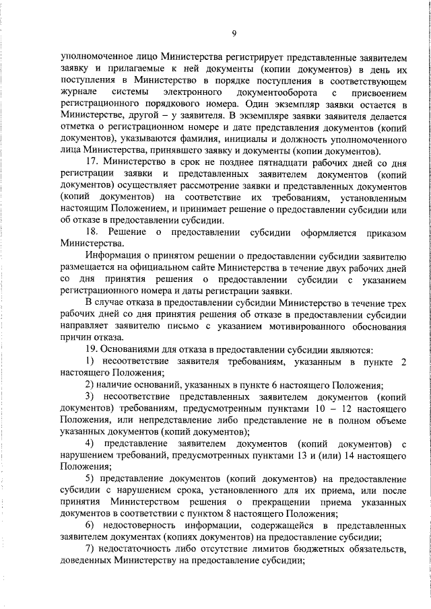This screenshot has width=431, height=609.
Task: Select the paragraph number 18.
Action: pyautogui.click(x=93, y=233)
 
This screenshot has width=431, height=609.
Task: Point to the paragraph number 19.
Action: pyautogui.click(x=92, y=351)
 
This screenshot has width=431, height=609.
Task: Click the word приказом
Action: pyautogui.click(x=383, y=233)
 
